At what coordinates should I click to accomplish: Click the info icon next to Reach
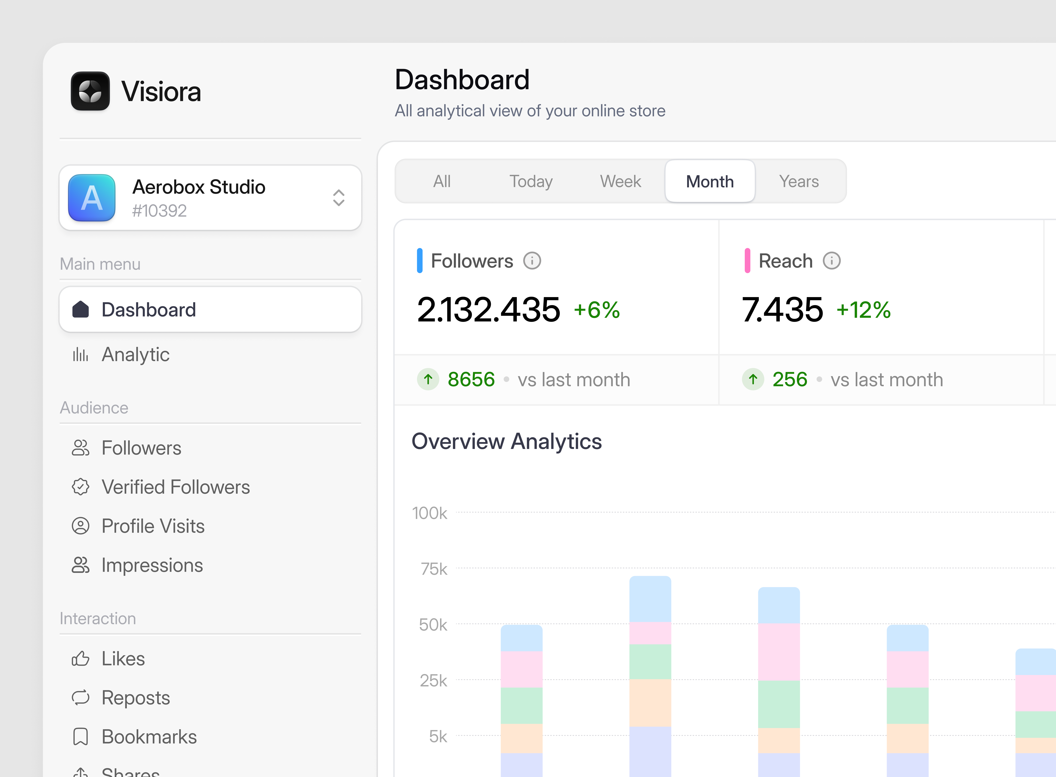pyautogui.click(x=831, y=261)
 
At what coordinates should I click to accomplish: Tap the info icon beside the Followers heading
pyautogui.click(x=532, y=261)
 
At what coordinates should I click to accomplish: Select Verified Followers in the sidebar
pyautogui.click(x=175, y=487)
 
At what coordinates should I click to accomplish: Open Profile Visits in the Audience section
pyautogui.click(x=153, y=526)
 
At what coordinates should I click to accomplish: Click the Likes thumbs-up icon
pyautogui.click(x=80, y=659)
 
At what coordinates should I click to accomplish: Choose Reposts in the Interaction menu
pyautogui.click(x=136, y=698)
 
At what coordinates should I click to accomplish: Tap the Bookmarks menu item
pyautogui.click(x=149, y=737)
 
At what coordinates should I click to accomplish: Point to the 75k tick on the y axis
pyautogui.click(x=434, y=569)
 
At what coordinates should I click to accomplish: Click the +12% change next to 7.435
pyautogui.click(x=863, y=310)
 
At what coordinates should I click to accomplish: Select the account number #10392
pyautogui.click(x=159, y=211)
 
